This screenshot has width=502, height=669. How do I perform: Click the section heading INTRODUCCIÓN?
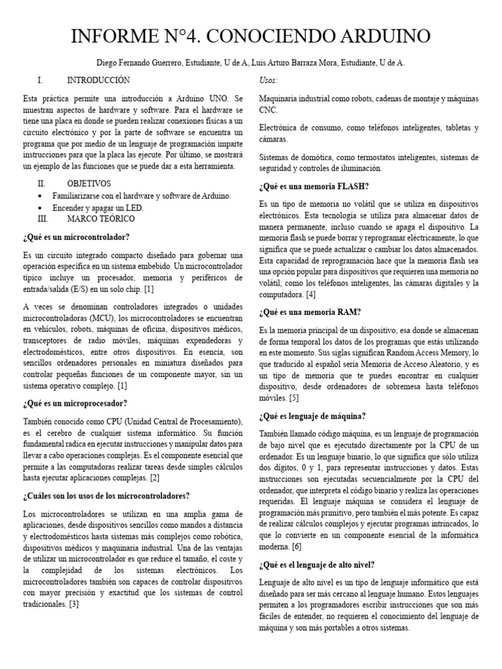[98, 80]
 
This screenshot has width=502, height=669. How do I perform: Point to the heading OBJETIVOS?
[88, 184]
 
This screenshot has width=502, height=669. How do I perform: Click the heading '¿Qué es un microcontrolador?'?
[76, 237]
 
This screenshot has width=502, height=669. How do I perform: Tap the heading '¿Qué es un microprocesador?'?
[75, 403]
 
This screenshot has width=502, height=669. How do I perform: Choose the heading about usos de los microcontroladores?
[106, 496]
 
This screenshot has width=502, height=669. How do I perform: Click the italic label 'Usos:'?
[269, 80]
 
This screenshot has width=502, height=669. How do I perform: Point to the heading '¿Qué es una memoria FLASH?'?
[314, 186]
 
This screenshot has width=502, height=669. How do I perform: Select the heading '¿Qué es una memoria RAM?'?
[310, 312]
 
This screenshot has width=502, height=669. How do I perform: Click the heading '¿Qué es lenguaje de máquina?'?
[312, 416]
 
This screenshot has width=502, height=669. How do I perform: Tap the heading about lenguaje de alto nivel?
[317, 564]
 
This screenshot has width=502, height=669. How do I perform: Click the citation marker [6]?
[297, 546]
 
